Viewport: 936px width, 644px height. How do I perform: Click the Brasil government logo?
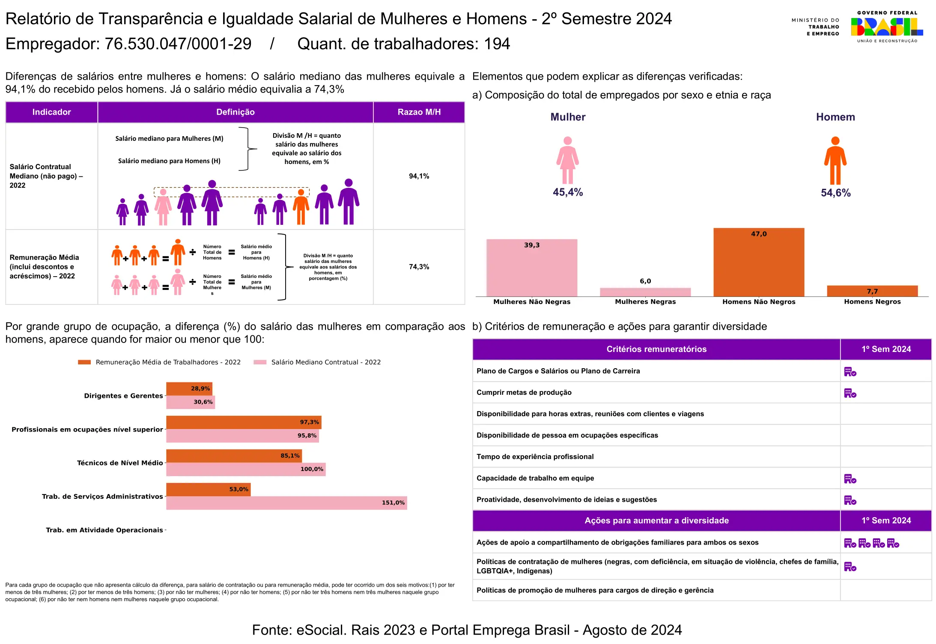(886, 27)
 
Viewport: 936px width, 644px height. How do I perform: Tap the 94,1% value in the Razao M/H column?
(419, 176)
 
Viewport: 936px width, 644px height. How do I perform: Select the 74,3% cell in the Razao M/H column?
(419, 267)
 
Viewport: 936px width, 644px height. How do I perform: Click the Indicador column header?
(51, 112)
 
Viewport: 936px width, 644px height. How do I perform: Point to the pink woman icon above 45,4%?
(567, 160)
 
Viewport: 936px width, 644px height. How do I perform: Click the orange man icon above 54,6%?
(835, 161)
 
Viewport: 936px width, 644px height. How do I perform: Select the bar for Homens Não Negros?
(758, 262)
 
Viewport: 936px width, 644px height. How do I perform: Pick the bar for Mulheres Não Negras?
(531, 268)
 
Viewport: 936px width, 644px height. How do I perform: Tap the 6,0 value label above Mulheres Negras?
(645, 281)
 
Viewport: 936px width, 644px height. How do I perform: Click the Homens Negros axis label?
(872, 302)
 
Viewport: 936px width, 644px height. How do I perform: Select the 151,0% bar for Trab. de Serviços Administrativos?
(286, 503)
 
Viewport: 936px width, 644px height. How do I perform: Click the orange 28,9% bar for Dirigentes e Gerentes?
(189, 389)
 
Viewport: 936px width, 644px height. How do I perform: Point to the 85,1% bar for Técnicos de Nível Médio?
(234, 456)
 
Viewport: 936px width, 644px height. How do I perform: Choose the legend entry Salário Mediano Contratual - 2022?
(325, 362)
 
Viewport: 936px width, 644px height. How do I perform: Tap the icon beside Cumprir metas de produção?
(850, 393)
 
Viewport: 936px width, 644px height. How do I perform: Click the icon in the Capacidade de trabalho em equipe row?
(850, 479)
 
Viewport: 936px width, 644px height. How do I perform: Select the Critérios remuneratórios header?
(656, 349)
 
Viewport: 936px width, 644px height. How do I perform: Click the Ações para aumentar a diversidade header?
(656, 521)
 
